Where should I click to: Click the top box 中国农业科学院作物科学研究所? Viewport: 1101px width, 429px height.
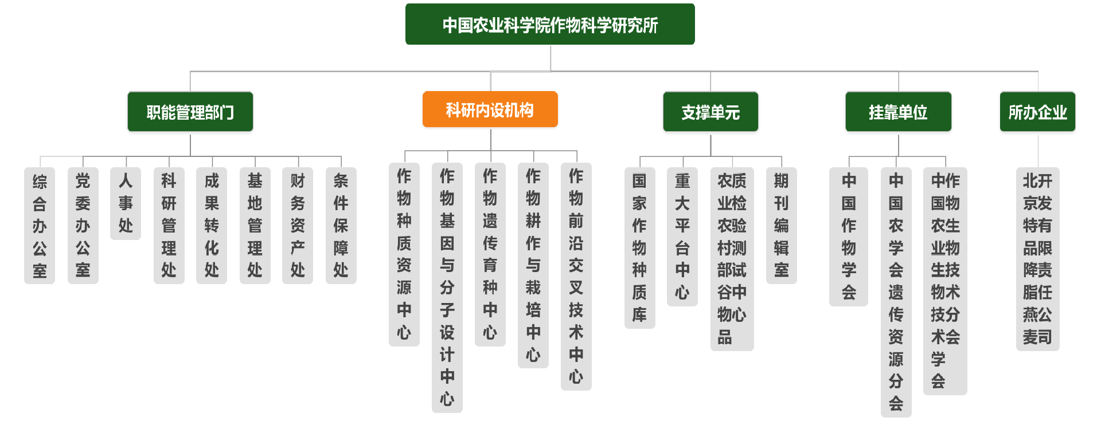coord(550,25)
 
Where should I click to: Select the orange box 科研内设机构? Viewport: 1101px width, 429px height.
coord(490,109)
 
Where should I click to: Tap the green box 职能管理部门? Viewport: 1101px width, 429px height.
coord(190,112)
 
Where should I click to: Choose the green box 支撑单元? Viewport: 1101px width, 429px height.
coord(710,112)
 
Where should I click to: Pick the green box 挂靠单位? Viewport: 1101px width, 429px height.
coord(898,112)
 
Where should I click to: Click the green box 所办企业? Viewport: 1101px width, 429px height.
coord(1037,112)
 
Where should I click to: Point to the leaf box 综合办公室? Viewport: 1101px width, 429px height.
coord(40,226)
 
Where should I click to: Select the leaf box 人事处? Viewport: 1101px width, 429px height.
coord(126,203)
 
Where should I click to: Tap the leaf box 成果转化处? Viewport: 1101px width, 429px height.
coord(212,226)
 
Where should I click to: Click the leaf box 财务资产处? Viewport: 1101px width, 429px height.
coord(298,226)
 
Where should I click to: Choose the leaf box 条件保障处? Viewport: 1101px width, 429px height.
coord(341,226)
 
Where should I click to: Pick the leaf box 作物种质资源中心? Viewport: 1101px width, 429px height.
coord(404,254)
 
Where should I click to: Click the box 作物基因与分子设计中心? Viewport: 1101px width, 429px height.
coord(447,288)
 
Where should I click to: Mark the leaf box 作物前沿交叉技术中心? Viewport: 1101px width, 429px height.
coord(576,276)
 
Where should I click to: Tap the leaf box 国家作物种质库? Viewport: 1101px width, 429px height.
coord(639,248)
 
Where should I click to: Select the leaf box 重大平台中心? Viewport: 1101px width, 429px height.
coord(682,237)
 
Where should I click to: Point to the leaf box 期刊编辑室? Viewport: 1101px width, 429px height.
coord(781,226)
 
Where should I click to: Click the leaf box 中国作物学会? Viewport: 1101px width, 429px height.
coord(849,237)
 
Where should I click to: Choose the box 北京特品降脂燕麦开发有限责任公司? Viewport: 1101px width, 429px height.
coord(1037,259)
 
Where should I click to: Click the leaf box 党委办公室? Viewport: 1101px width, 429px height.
coord(83,226)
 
